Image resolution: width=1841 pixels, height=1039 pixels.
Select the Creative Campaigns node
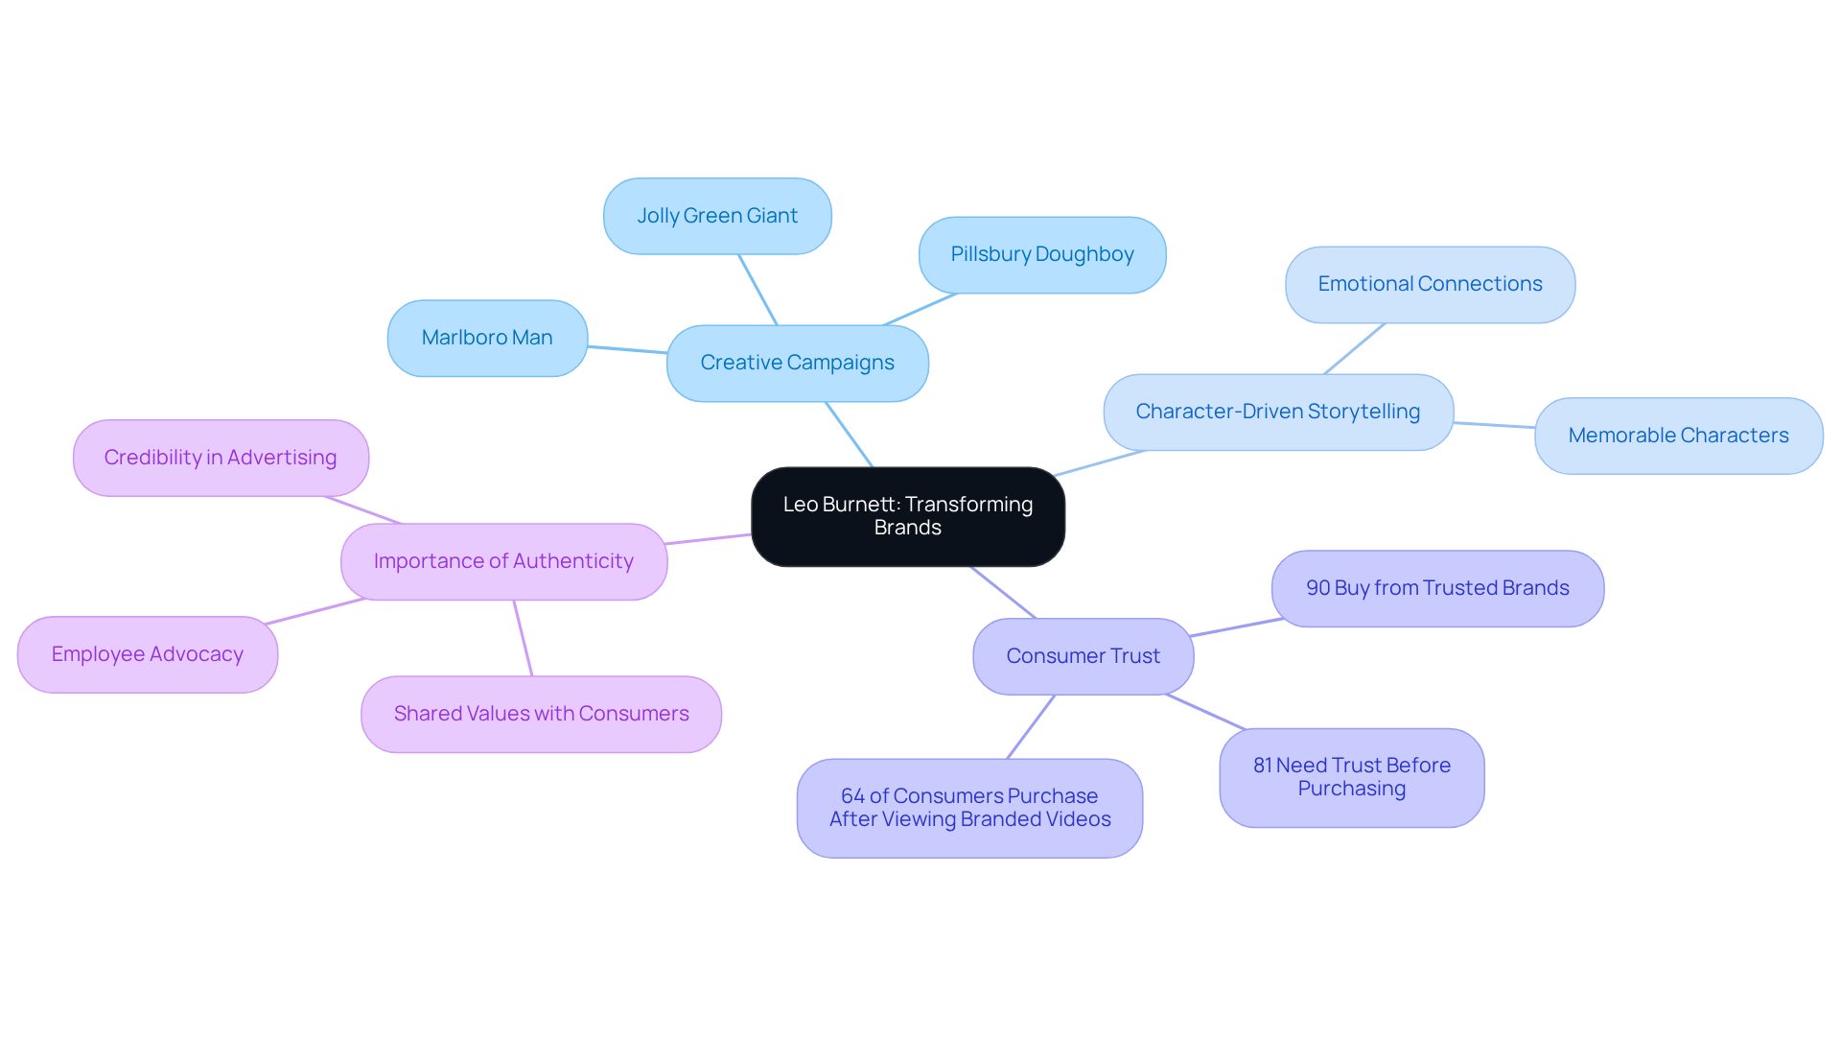tap(797, 363)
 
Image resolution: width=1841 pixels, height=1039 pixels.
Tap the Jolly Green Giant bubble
tap(717, 216)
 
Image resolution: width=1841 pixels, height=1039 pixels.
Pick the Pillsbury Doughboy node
tap(1042, 254)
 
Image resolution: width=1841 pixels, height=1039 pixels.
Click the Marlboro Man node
tap(487, 338)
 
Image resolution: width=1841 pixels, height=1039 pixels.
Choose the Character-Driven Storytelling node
tap(1277, 412)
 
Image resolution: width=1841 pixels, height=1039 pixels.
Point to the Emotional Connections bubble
tap(1430, 284)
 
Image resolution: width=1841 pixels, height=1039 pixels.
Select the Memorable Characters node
tap(1678, 436)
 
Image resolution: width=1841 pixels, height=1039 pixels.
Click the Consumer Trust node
tap(1083, 656)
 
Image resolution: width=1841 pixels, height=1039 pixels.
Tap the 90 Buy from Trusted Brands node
tap(1437, 588)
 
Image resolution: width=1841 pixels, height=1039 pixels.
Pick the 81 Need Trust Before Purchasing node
tap(1351, 777)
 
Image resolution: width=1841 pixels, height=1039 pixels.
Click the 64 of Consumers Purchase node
tap(969, 808)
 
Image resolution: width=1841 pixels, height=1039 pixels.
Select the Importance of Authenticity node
tap(503, 561)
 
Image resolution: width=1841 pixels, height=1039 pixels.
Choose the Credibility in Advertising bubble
tap(221, 458)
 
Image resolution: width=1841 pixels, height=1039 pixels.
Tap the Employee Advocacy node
tap(148, 654)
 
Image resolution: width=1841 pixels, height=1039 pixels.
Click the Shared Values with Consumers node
tap(541, 714)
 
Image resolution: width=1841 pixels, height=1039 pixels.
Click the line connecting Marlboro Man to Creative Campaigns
tap(627, 349)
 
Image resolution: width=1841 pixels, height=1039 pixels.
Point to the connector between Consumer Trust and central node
tap(1003, 592)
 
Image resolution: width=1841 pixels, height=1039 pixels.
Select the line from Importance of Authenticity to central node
tap(709, 539)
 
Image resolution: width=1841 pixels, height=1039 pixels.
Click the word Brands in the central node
tap(907, 528)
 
